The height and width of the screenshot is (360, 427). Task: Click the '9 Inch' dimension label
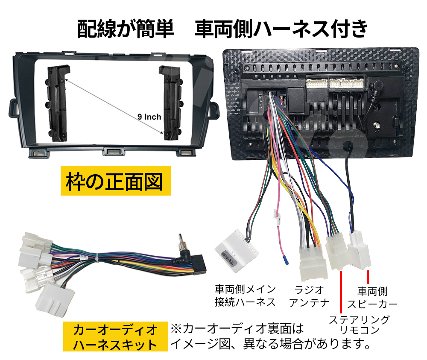click(x=149, y=117)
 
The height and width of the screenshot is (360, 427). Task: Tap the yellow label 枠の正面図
click(x=115, y=181)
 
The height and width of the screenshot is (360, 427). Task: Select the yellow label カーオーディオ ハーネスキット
click(x=115, y=337)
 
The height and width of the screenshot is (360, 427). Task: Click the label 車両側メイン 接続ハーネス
click(x=245, y=296)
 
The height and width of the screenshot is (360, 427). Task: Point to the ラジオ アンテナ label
click(x=309, y=296)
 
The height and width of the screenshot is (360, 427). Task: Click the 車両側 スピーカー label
click(x=372, y=297)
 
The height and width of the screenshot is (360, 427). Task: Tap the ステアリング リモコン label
click(x=359, y=324)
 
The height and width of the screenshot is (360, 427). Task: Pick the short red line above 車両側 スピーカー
click(x=368, y=277)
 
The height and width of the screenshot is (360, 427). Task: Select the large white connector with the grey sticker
click(x=236, y=250)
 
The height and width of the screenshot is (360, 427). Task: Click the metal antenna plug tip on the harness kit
click(x=181, y=242)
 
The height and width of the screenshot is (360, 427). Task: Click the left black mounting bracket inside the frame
click(x=57, y=103)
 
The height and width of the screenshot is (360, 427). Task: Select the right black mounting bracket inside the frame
click(x=171, y=103)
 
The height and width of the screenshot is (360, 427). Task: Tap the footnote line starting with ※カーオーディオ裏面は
click(x=237, y=329)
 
